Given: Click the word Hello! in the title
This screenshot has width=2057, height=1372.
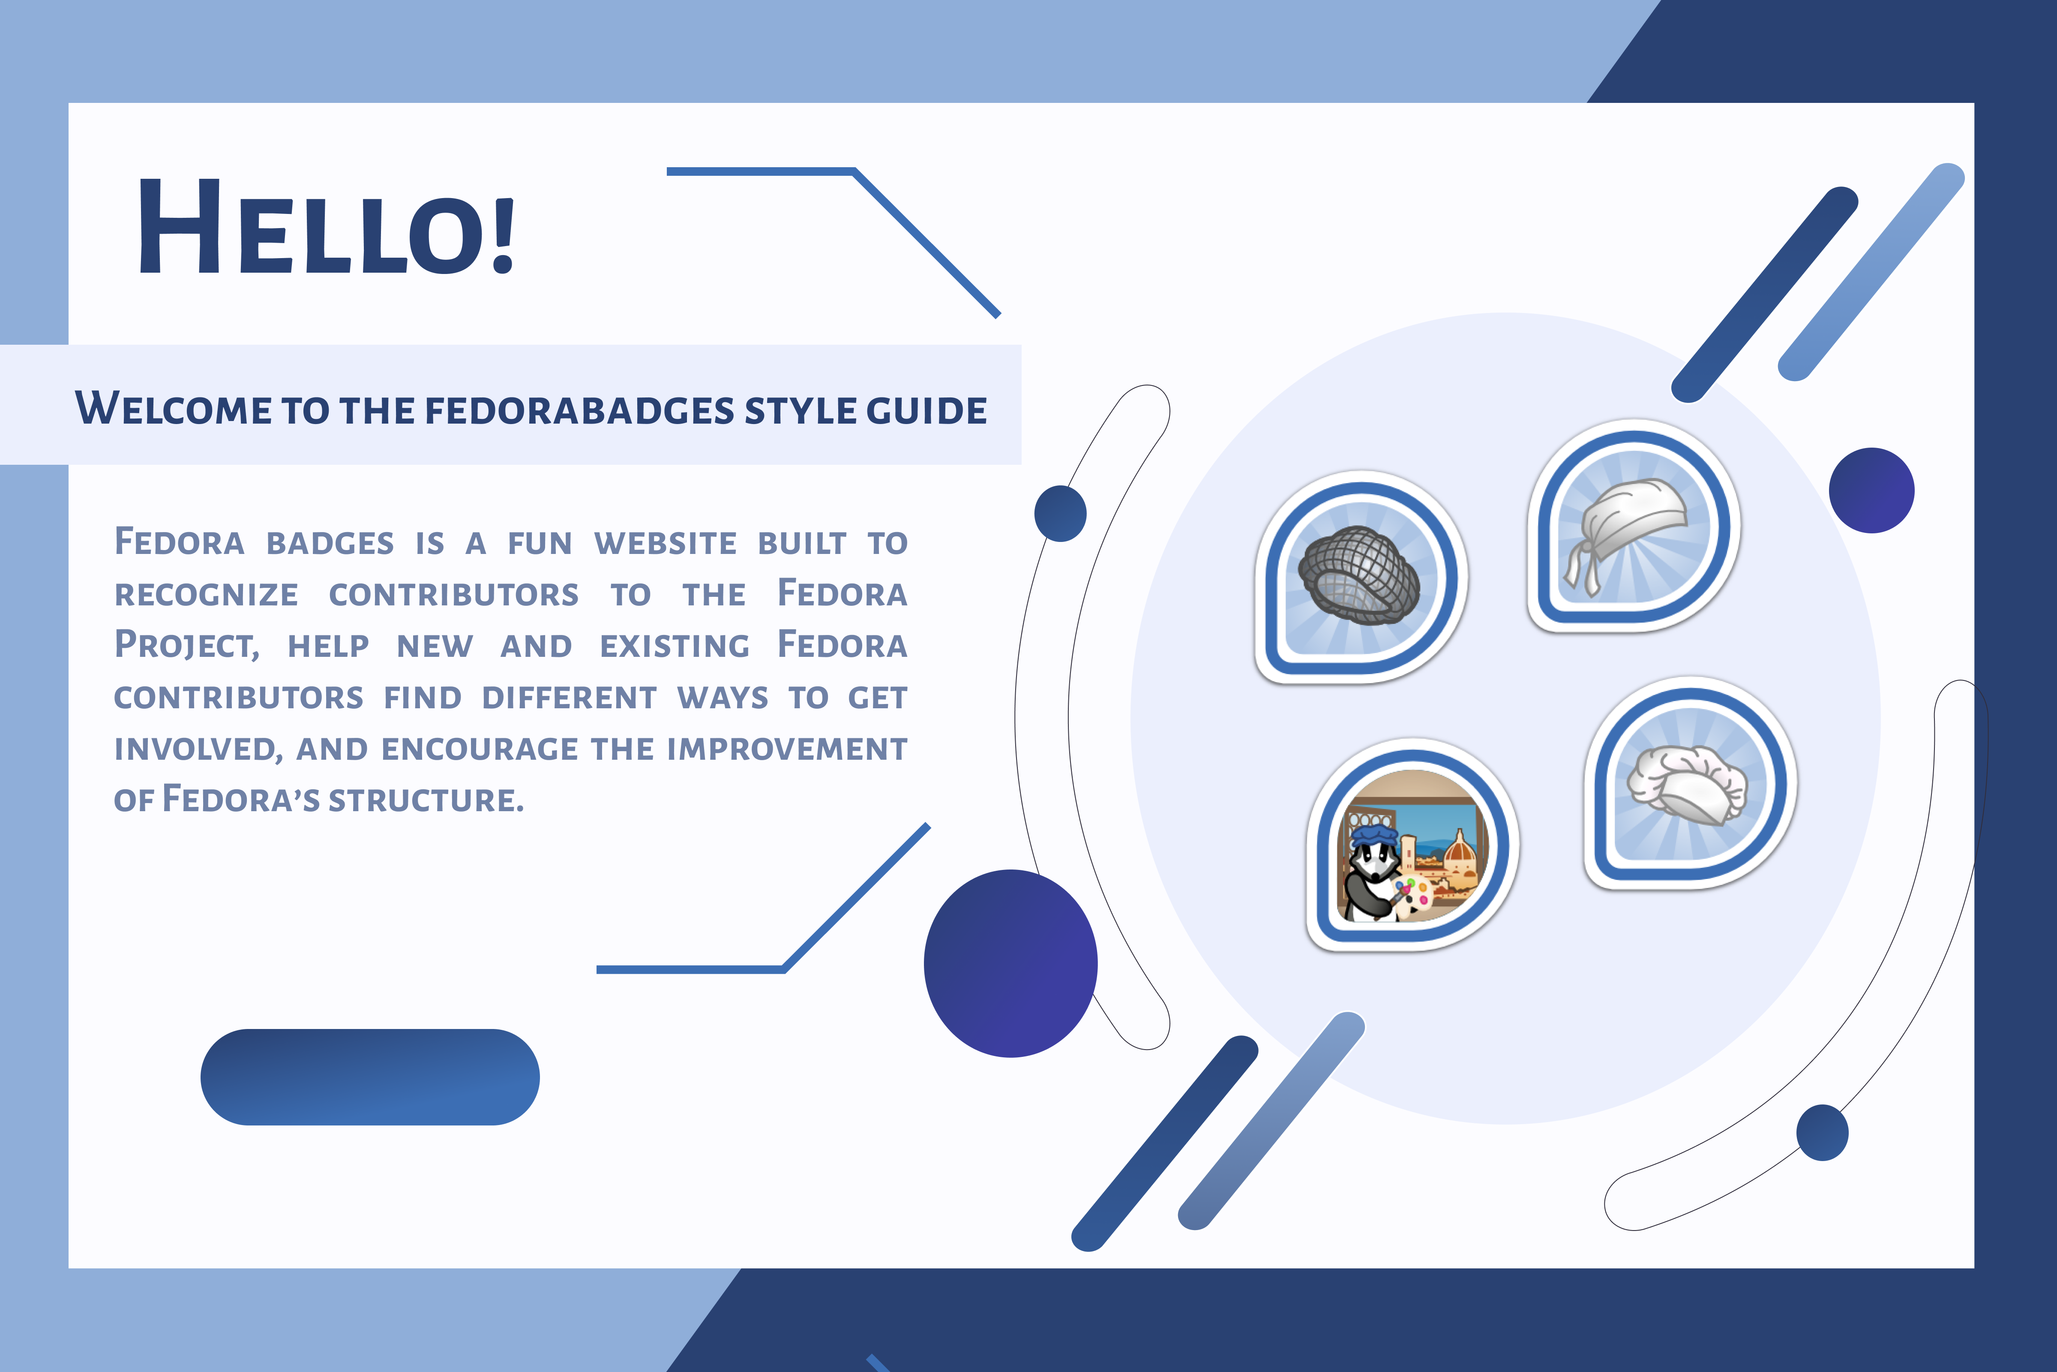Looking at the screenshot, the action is [x=326, y=226].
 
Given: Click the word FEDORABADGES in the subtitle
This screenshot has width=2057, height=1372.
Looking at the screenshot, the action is [x=579, y=410].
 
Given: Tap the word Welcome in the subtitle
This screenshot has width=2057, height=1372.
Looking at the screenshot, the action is [x=173, y=409].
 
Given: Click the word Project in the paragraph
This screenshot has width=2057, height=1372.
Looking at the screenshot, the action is [x=186, y=645].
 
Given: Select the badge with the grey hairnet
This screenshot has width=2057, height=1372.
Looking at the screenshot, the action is [x=1360, y=578].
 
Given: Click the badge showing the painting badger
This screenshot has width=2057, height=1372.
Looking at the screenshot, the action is [x=1412, y=844].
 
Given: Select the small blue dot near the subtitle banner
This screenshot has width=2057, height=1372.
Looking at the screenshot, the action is [x=1060, y=514].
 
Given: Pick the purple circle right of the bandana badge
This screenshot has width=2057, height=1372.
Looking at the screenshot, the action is [x=1871, y=490].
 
